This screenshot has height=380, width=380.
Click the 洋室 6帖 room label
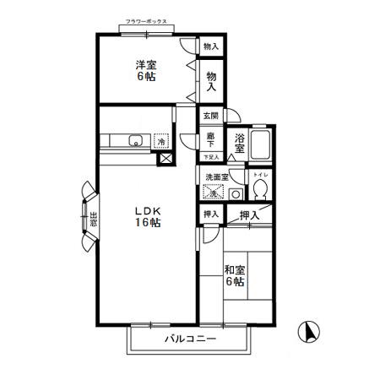146,70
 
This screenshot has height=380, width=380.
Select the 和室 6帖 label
235,276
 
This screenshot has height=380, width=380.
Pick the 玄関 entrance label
210,116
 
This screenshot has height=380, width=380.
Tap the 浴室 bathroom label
242,144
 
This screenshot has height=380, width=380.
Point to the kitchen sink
133,142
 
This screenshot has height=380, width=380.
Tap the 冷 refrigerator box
163,142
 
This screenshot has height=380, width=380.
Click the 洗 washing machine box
215,193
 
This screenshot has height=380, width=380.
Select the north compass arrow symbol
310,333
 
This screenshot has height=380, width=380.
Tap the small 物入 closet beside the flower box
211,47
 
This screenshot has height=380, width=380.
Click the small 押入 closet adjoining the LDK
210,215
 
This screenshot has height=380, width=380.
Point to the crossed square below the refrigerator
165,158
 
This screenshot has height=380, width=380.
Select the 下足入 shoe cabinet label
211,157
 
